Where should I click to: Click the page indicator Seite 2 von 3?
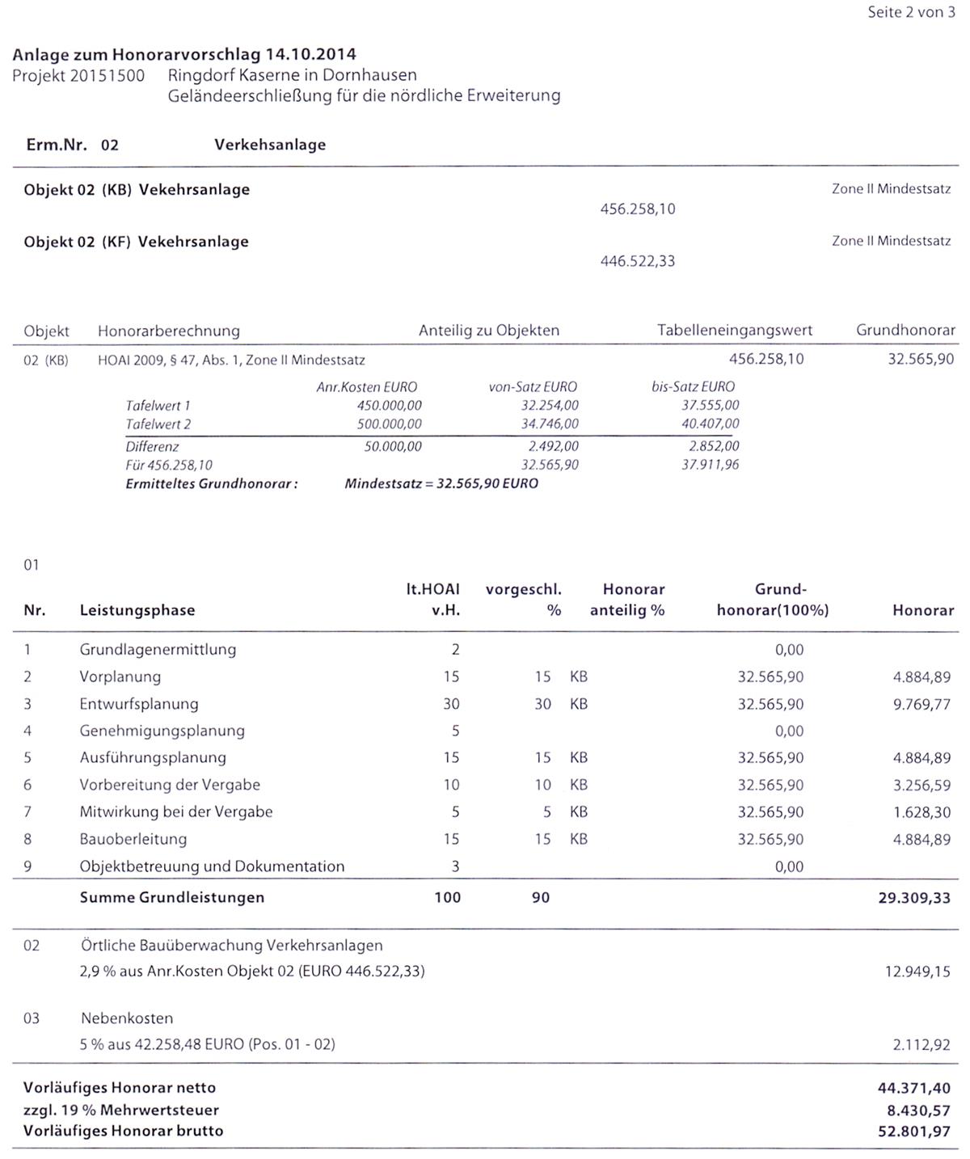pos(911,13)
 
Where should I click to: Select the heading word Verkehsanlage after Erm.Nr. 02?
pos(270,145)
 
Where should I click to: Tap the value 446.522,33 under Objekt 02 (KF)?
pos(637,261)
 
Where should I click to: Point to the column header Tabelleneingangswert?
pos(734,331)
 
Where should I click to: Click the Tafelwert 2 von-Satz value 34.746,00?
pos(550,424)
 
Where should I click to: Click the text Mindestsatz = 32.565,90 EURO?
pos(441,484)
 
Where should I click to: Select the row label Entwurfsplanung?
pos(138,704)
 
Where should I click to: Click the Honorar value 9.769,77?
pos(921,704)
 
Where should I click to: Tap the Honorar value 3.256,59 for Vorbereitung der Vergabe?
pos(921,785)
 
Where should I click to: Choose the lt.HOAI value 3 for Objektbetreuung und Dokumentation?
pos(455,866)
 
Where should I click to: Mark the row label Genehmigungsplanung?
pos(162,731)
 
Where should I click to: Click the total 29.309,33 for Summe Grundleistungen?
pos(914,897)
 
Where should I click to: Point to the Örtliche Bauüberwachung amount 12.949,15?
pos(917,971)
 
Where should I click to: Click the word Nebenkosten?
pos(127,1018)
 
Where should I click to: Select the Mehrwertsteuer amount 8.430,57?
pos(918,1111)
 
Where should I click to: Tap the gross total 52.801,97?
pos(914,1132)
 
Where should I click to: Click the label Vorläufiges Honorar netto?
pos(120,1088)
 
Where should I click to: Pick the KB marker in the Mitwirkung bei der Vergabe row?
pos(579,811)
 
